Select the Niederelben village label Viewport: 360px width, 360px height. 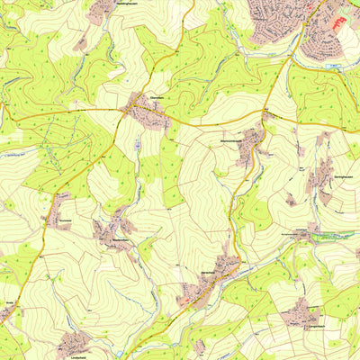[118, 240]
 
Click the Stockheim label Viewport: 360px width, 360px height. [62, 217]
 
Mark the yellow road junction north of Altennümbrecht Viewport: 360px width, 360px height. [267, 117]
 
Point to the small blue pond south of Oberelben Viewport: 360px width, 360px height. [136, 143]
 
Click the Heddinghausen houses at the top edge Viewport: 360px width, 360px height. [103, 11]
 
